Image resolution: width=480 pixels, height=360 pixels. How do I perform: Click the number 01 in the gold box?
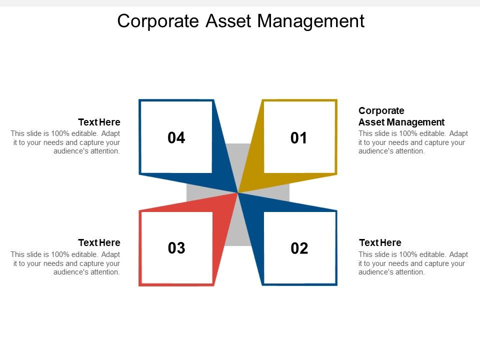299,138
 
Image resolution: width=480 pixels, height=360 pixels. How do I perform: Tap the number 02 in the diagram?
299,248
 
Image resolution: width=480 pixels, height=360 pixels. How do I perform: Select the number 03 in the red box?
176,248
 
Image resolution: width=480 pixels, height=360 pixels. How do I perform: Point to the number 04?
176,138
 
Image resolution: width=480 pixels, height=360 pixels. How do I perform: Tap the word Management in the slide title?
311,21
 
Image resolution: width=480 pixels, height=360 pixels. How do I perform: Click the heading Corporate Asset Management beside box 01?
401,116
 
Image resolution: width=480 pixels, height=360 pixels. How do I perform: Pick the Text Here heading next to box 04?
99,122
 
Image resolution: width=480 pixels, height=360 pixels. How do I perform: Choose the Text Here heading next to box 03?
99,243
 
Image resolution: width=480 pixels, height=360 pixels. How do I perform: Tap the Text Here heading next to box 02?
380,243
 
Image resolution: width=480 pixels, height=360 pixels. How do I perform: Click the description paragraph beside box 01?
413,142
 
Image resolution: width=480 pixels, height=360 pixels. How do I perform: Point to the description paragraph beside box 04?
65,142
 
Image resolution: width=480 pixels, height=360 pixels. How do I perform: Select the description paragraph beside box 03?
65,263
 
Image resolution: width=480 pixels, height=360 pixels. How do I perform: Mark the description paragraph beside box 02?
413,263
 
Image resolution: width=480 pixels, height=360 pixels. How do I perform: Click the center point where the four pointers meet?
238,192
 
